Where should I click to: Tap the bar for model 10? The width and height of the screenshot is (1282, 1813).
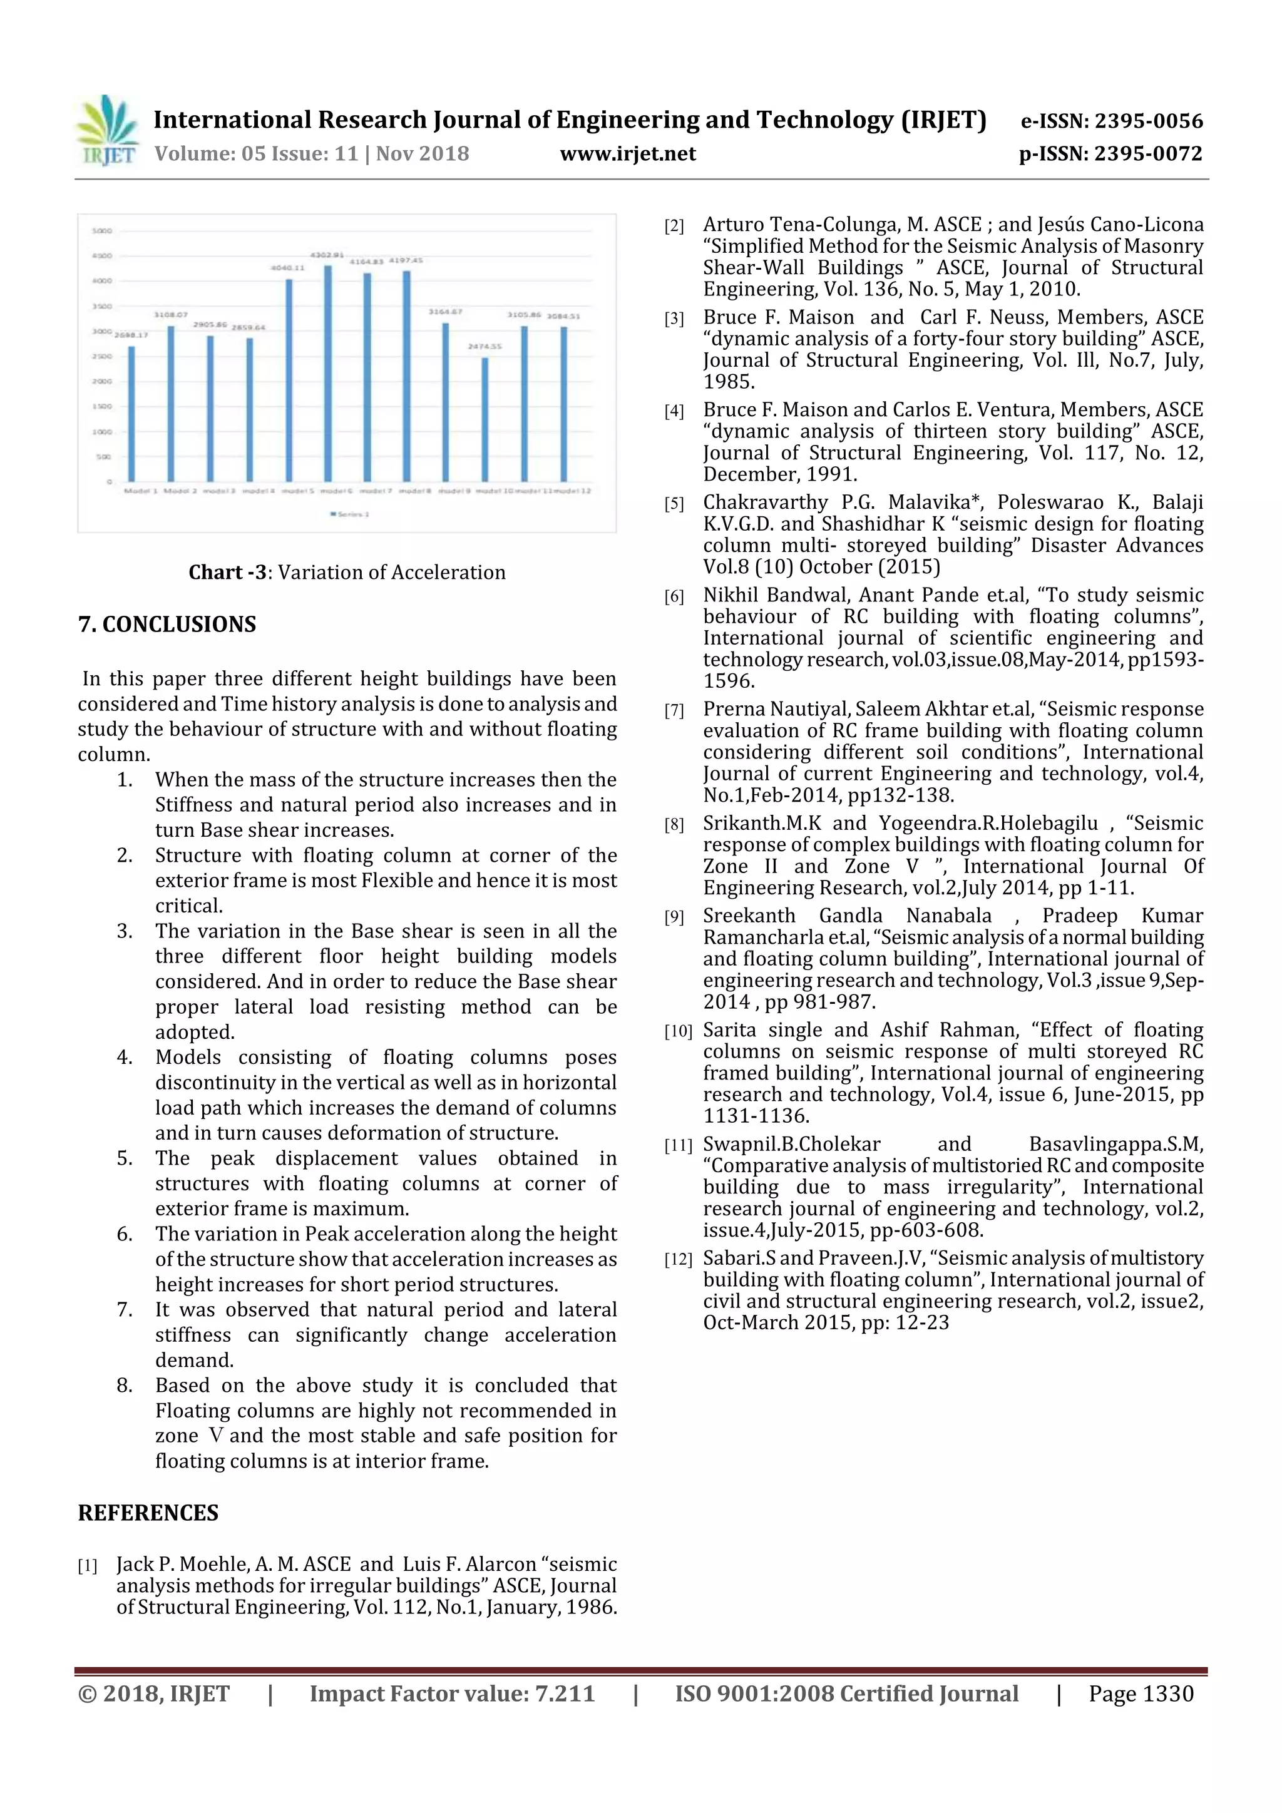(x=485, y=419)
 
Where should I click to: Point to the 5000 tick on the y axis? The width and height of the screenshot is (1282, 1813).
(x=103, y=230)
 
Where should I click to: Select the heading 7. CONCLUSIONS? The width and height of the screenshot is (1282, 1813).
(x=167, y=624)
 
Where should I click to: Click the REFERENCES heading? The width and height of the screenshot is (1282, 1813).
(x=148, y=1512)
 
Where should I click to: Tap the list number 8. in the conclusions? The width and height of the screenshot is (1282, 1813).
(x=125, y=1385)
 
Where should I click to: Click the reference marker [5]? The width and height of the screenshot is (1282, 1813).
(x=674, y=504)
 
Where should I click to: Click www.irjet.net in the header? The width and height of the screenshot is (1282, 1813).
(x=628, y=153)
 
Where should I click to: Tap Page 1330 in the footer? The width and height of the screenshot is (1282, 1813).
(x=1141, y=1693)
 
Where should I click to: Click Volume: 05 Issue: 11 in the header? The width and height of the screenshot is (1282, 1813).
(x=257, y=153)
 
